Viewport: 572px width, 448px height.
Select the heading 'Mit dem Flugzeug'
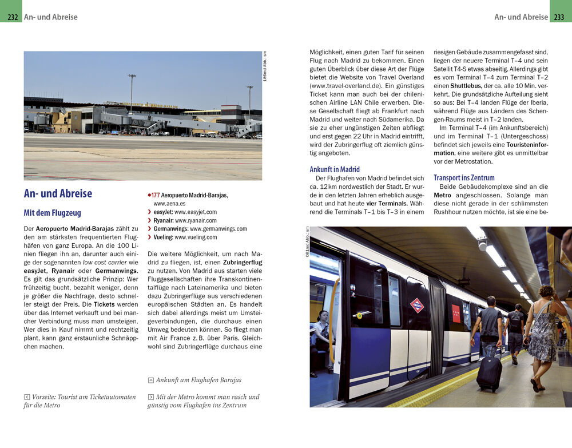52,213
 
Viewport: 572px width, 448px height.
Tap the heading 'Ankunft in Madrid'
335,169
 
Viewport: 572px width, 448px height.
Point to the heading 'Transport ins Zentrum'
464,178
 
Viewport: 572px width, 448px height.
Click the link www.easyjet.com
195,212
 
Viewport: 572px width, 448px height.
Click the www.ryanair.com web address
196,220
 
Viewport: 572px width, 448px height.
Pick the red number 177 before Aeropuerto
155,195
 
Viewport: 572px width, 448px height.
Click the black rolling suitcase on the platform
489,373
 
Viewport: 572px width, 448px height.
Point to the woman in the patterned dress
542,335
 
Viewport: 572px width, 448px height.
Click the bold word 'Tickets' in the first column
104,304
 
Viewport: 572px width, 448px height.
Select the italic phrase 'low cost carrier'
104,262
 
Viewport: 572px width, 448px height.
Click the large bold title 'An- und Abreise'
58,193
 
